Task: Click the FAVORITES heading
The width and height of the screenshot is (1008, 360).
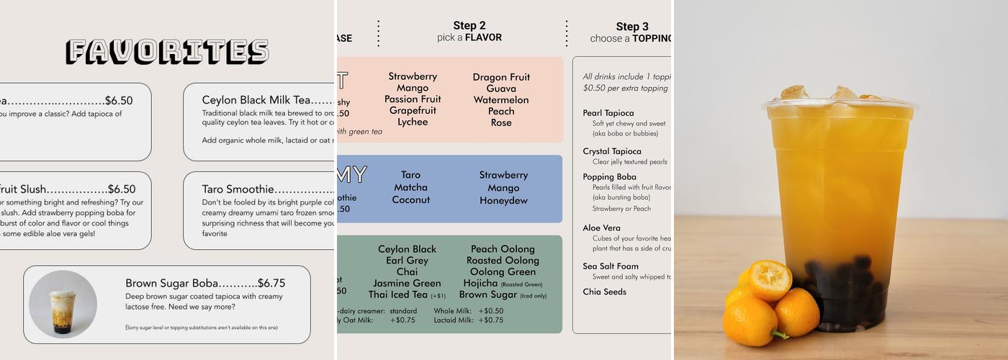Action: [x=167, y=52]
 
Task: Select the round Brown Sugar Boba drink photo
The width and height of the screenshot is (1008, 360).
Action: [x=63, y=304]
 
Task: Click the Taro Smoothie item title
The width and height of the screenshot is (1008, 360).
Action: [x=238, y=189]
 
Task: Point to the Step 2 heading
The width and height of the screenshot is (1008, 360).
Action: [x=469, y=26]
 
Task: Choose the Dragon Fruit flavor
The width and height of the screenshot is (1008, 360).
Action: [x=501, y=77]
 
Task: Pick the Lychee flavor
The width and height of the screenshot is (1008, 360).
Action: [x=413, y=122]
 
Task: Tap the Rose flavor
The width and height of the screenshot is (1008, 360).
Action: [x=501, y=122]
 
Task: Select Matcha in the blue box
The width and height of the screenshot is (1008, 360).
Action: [x=410, y=187]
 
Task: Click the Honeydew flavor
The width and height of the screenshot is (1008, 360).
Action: [x=503, y=200]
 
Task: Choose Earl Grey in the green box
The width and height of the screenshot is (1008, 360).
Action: [x=407, y=261]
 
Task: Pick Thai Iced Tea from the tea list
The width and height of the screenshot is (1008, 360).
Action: [x=398, y=294]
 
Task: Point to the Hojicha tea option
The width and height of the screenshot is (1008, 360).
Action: [x=481, y=283]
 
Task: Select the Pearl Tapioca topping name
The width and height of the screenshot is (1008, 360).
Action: [x=608, y=113]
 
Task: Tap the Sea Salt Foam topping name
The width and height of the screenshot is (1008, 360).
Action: [x=611, y=266]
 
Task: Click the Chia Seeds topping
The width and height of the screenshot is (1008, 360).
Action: [x=604, y=292]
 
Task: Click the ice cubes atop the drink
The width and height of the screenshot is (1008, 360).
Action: [x=835, y=94]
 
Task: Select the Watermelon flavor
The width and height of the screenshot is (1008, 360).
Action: [x=501, y=100]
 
